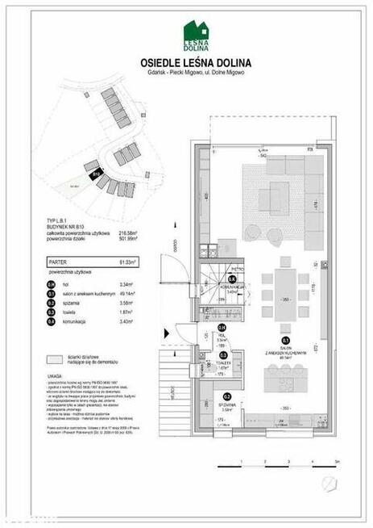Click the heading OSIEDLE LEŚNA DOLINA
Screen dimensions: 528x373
(x=196, y=63)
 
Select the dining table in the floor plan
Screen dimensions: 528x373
(x=284, y=287)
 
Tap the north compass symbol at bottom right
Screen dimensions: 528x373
(x=329, y=484)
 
